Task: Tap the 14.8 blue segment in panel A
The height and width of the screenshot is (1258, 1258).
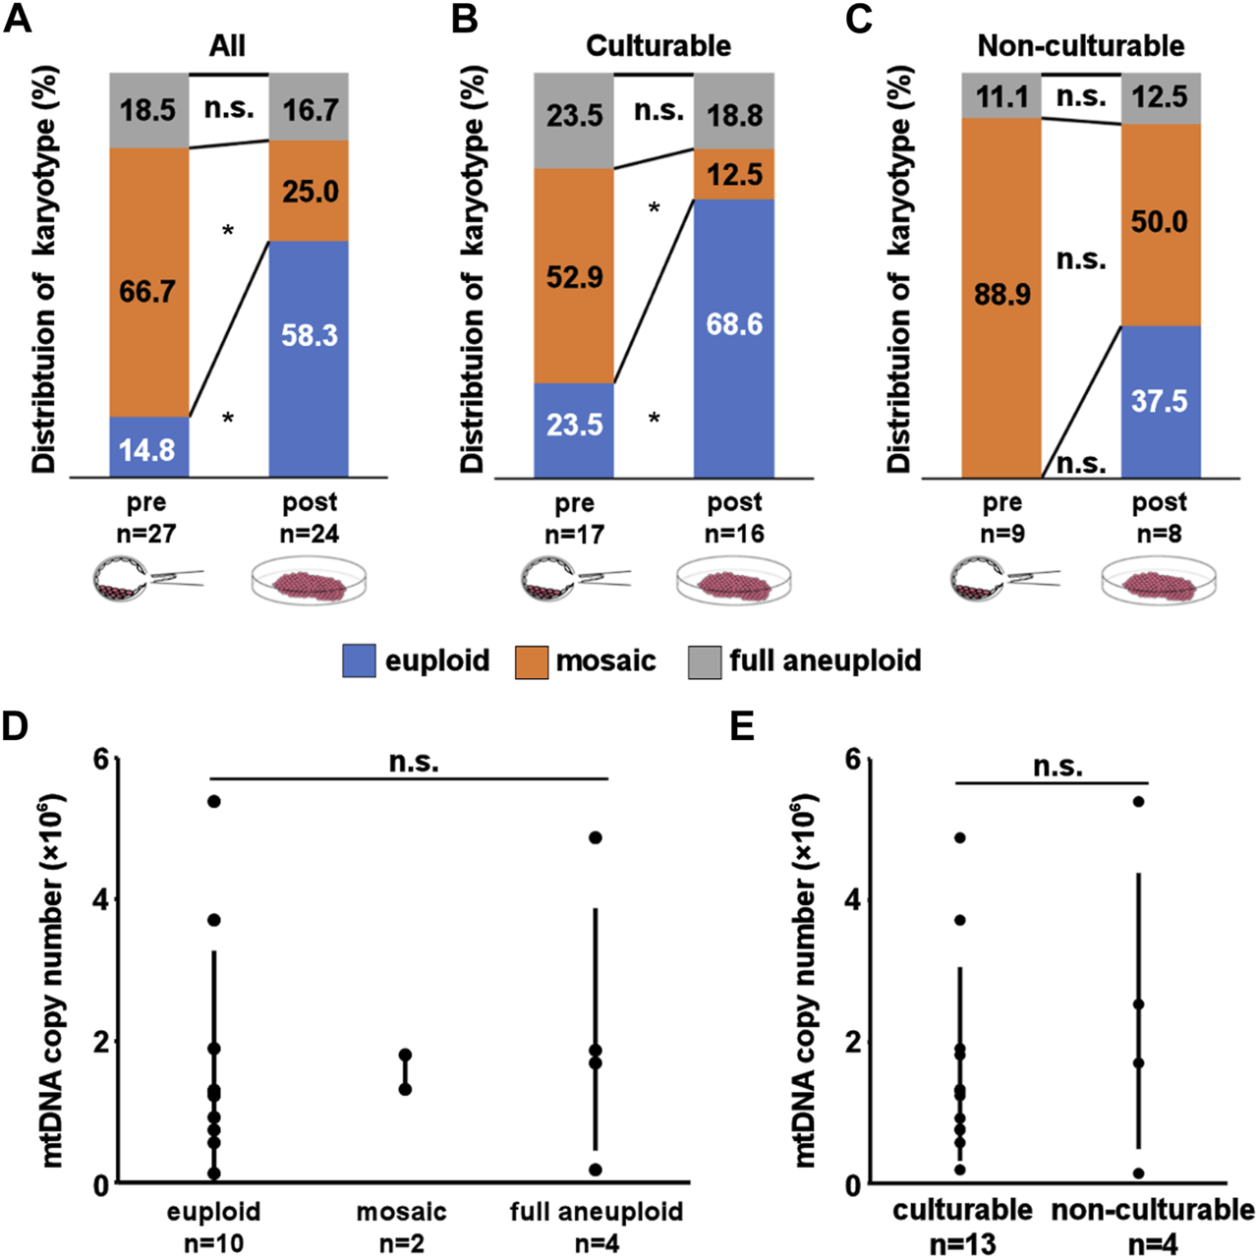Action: pyautogui.click(x=148, y=448)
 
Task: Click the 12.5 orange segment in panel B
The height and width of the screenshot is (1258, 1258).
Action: pyautogui.click(x=734, y=174)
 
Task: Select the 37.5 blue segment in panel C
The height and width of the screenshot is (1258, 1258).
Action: pyautogui.click(x=1160, y=401)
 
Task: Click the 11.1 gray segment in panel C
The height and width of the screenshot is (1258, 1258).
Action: pyautogui.click(x=1001, y=95)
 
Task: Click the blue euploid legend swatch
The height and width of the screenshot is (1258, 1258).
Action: pyautogui.click(x=359, y=660)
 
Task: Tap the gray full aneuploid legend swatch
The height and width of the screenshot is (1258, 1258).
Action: pyautogui.click(x=704, y=660)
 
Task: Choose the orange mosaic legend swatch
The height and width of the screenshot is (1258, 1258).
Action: pyautogui.click(x=531, y=660)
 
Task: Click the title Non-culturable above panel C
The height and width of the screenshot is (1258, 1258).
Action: pyautogui.click(x=1080, y=45)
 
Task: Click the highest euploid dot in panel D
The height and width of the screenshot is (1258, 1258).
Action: pyautogui.click(x=213, y=801)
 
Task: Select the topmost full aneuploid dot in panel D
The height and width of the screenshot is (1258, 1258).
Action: pyautogui.click(x=596, y=837)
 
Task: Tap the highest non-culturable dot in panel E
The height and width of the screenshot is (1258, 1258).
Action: pyautogui.click(x=1138, y=801)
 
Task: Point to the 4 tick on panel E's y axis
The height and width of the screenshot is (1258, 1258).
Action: pyautogui.click(x=852, y=900)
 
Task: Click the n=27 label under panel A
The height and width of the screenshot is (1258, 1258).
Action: pyautogui.click(x=146, y=534)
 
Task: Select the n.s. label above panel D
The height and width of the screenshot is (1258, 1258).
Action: pyautogui.click(x=414, y=762)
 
